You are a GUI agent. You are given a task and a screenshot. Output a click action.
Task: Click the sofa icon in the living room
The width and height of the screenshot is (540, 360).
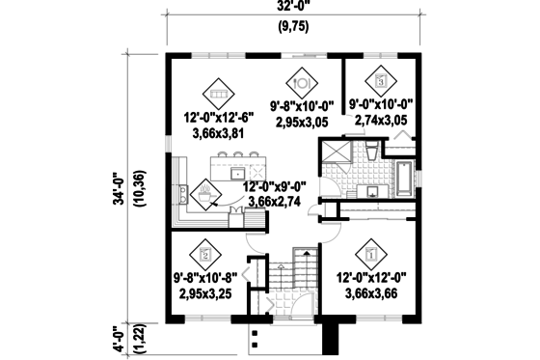pyautogui.click(x=217, y=93)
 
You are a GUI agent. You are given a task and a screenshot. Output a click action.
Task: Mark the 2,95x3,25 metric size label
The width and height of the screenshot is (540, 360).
pyautogui.click(x=204, y=291)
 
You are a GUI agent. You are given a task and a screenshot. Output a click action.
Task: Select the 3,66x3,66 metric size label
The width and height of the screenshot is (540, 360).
pyautogui.click(x=371, y=291)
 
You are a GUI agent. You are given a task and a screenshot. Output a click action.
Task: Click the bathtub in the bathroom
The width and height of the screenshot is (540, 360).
pyautogui.click(x=404, y=178)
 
